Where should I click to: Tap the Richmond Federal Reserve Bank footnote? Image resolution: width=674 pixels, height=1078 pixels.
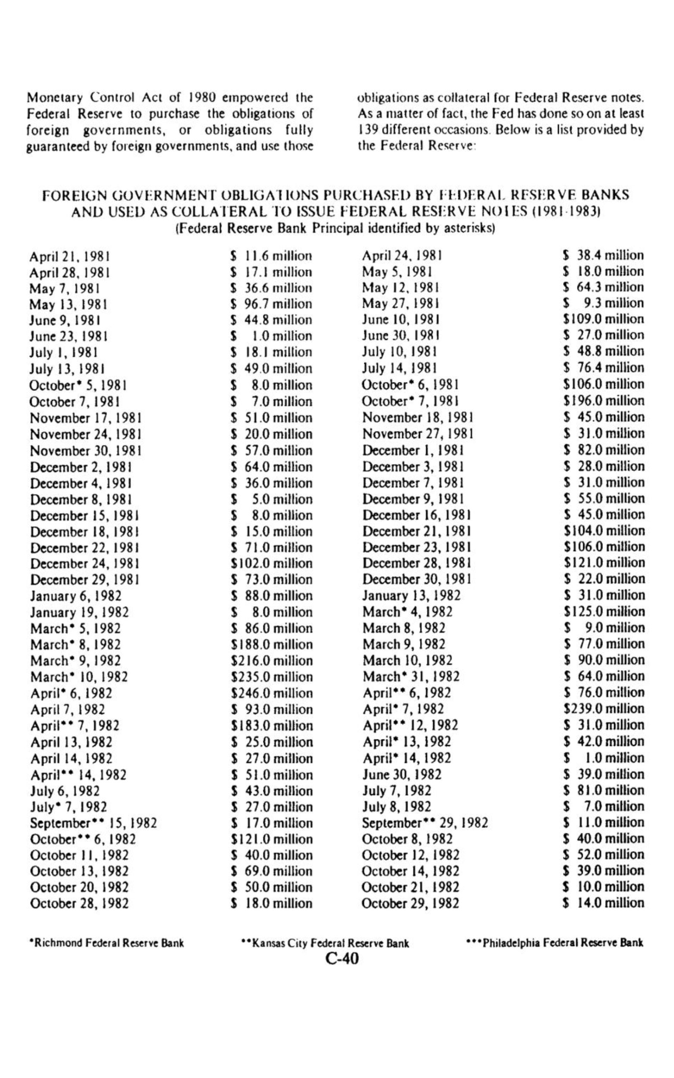click(x=107, y=943)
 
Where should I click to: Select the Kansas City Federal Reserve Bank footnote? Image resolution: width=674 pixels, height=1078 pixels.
click(x=325, y=943)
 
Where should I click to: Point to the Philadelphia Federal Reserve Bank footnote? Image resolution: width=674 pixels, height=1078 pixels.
click(x=554, y=943)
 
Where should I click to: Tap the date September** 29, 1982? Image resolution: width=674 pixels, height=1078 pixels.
click(x=424, y=823)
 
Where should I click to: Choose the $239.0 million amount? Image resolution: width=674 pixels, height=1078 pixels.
click(x=604, y=708)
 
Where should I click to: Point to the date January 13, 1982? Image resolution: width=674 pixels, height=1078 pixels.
click(x=411, y=595)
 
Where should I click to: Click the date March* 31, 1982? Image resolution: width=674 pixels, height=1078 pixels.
click(x=411, y=677)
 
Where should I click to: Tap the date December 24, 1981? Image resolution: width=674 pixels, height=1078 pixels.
click(x=85, y=564)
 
